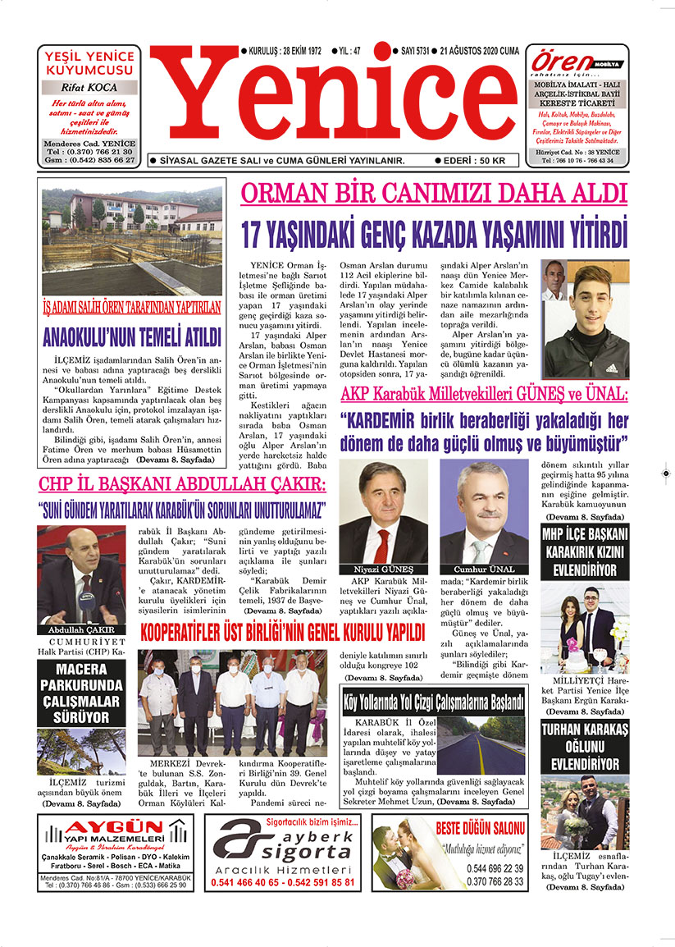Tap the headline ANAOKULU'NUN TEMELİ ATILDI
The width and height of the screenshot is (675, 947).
click(x=131, y=337)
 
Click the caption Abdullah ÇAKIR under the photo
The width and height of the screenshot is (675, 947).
click(x=80, y=629)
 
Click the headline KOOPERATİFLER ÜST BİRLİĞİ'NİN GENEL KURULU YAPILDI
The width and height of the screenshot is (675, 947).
click(x=282, y=633)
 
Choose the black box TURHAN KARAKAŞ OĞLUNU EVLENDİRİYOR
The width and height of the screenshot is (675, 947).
click(x=585, y=746)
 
